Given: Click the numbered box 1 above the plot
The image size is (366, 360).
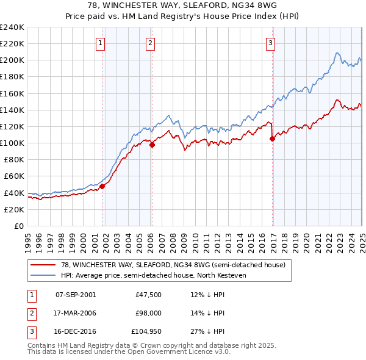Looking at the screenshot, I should [x=99, y=43].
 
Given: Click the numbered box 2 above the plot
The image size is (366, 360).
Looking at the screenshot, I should [x=150, y=43].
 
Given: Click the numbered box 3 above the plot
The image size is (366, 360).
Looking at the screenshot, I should [x=270, y=43].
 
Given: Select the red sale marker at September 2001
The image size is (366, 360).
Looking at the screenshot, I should [x=102, y=187].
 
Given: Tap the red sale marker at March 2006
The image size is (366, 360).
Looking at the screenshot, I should [x=152, y=145].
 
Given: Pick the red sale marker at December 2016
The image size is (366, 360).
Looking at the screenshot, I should [x=272, y=139].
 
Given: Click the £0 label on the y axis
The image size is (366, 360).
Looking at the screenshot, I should [x=18, y=226].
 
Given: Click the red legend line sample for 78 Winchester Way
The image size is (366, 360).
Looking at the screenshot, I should [x=43, y=265].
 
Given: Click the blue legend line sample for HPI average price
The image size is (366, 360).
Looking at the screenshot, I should [x=43, y=275].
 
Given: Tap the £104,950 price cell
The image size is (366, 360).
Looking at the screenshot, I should [x=145, y=331].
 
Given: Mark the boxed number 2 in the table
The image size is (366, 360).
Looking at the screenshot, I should [x=30, y=313].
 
